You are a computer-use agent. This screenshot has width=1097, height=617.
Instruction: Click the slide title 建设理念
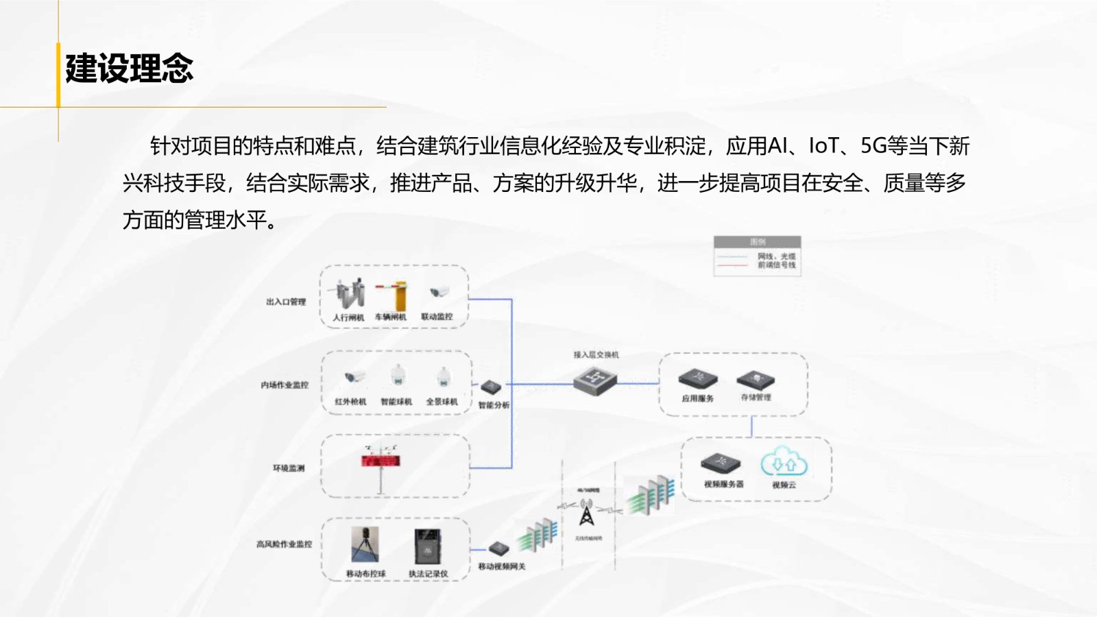(x=129, y=69)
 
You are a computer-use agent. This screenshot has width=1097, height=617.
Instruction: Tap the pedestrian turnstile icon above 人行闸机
(x=350, y=293)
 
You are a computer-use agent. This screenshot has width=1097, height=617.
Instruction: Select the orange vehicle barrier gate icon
(x=396, y=295)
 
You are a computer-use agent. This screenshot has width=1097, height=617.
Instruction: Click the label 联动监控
(x=437, y=317)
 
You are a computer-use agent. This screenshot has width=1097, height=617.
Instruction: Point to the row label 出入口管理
(x=286, y=302)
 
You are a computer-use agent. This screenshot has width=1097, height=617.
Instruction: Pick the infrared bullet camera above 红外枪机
(x=354, y=376)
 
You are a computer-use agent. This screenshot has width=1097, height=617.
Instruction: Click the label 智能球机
(x=396, y=402)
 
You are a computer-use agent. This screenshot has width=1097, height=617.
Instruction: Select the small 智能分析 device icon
(x=491, y=388)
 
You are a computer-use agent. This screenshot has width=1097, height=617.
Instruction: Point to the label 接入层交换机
(x=596, y=354)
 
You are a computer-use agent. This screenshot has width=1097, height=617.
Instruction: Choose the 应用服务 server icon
(x=697, y=378)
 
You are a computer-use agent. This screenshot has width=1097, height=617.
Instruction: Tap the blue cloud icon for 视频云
(x=784, y=462)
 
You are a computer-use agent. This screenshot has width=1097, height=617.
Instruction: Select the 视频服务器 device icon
(x=721, y=463)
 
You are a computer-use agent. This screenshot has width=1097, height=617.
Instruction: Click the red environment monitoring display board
(x=381, y=460)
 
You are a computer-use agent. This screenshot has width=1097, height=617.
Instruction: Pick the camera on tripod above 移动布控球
(x=365, y=545)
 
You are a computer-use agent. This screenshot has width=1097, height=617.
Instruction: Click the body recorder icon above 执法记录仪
(x=428, y=546)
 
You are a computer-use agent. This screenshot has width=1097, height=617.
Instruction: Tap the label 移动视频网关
(x=502, y=566)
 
